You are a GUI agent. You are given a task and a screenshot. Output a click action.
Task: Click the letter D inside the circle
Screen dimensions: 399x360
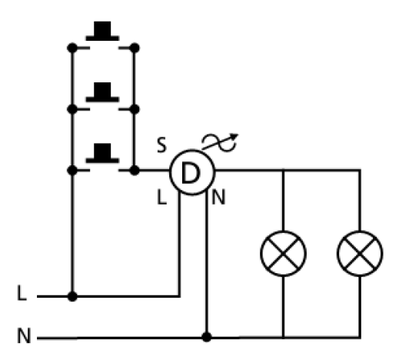point(191,173)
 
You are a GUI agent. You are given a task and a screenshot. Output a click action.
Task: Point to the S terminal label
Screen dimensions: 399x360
point(161,145)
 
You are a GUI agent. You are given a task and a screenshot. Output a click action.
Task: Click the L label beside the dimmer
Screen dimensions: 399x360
point(161,197)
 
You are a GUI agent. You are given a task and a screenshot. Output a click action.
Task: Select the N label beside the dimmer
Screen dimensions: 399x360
point(218,197)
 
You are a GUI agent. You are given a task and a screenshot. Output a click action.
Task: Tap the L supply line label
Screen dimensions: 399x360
point(22,293)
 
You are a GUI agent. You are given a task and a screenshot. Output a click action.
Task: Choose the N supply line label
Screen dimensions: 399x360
point(24,335)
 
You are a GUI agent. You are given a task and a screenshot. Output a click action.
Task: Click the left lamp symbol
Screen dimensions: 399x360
point(283,254)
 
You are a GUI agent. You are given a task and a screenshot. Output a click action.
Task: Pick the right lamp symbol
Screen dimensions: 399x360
point(360,254)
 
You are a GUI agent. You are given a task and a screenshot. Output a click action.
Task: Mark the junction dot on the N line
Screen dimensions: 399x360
point(207,337)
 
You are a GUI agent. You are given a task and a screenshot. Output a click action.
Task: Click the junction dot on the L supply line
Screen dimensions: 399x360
point(72,296)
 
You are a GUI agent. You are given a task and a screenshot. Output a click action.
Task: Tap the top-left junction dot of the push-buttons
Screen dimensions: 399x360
point(72,48)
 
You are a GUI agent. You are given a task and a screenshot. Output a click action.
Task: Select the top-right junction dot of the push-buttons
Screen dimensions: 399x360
point(135,48)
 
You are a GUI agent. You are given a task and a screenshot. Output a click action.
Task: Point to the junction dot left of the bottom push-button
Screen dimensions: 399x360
point(72,170)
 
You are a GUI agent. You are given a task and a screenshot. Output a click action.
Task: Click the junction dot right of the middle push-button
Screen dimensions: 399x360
point(135,109)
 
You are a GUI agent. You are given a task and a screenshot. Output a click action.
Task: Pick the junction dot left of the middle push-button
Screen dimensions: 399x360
point(72,109)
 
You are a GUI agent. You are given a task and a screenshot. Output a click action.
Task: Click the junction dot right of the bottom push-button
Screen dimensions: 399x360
point(135,170)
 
